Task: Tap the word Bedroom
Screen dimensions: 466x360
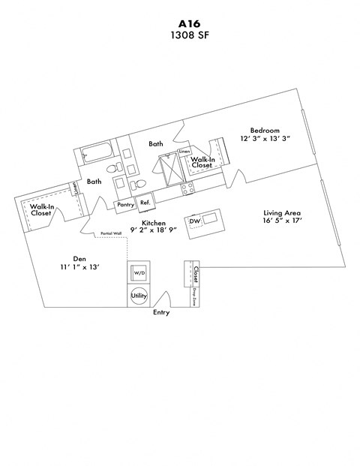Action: [x=265, y=128]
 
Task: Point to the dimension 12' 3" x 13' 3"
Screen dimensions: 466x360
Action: [x=265, y=139]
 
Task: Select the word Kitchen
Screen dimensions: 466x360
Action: [x=154, y=224]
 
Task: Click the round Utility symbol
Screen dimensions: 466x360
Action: [x=139, y=296]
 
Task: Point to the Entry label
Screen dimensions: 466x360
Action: [x=161, y=312]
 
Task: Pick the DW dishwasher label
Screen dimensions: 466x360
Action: [x=194, y=221]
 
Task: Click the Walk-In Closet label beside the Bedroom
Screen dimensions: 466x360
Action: [x=202, y=163]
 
